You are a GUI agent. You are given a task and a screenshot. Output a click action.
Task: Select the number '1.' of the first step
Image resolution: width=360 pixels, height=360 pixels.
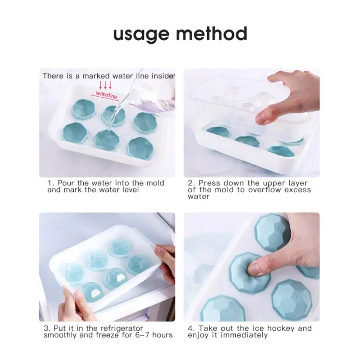pyautogui.click(x=51, y=183)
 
